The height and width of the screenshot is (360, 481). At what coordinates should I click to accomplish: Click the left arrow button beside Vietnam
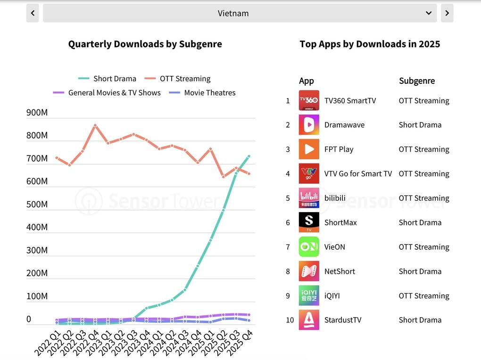point(33,13)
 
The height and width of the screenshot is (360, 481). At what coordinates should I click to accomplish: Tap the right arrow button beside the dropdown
point(447,13)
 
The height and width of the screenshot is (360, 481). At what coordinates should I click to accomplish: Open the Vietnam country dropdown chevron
point(429,13)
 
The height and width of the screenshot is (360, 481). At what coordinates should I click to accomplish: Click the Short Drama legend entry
point(107,79)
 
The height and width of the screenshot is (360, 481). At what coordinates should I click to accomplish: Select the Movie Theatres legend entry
point(202,93)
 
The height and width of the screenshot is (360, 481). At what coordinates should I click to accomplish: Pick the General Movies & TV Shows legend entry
point(107,93)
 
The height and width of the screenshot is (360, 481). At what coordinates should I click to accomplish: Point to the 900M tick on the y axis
point(37,113)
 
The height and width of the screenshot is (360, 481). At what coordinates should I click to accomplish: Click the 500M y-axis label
point(37,204)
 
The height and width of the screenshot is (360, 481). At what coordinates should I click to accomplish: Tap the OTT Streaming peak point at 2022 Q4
point(95,125)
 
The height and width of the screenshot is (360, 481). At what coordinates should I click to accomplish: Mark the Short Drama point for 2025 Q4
point(249,156)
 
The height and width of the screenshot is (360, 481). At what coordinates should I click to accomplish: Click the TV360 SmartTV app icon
point(309,100)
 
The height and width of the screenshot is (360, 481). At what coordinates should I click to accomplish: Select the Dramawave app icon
point(309,125)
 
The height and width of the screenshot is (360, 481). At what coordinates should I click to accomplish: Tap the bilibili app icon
point(309,198)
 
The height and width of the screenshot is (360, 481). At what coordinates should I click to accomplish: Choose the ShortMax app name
point(340,222)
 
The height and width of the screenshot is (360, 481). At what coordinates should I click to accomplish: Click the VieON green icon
point(309,246)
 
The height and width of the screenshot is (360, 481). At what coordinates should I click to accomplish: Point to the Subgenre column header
point(417,81)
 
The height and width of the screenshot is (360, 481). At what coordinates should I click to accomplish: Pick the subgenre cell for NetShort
point(420,271)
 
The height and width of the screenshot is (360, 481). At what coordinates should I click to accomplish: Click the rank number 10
point(290,320)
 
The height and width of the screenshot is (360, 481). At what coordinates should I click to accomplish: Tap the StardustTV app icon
point(309,320)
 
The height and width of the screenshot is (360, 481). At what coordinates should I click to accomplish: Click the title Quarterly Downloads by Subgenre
point(145,44)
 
